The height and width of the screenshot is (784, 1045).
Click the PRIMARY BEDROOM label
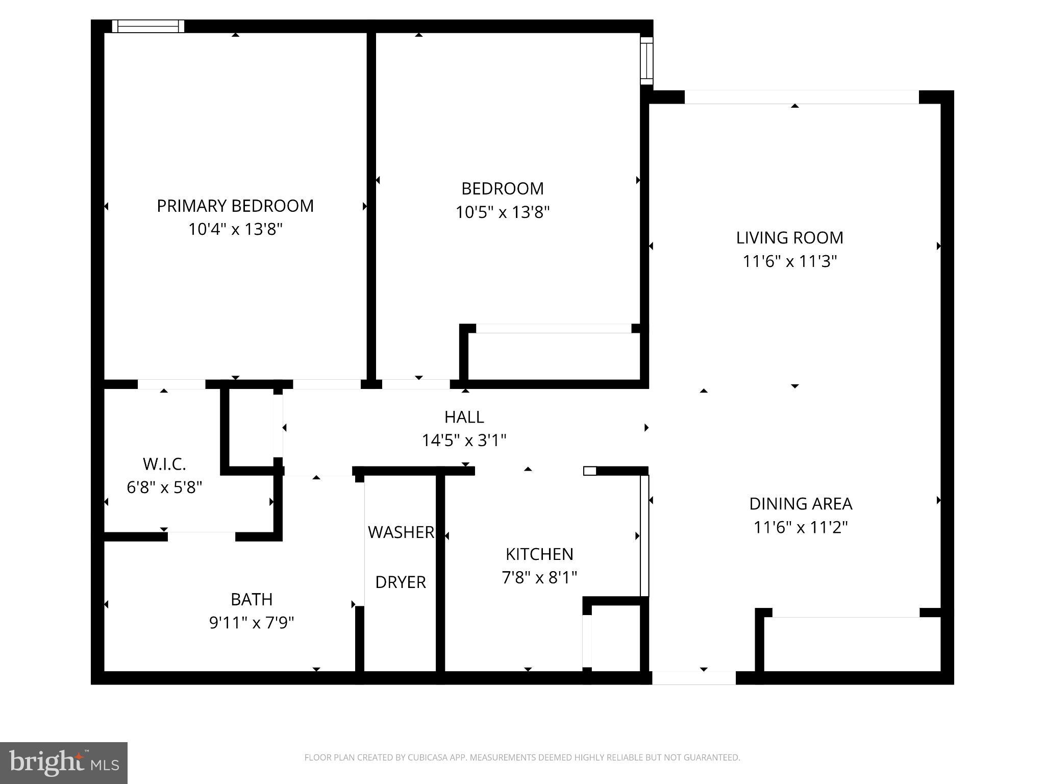coord(235,206)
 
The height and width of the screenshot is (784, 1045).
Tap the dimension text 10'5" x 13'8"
coord(502,212)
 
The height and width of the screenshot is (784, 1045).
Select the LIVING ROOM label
coord(789,237)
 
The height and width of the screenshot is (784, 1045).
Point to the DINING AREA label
coord(800,504)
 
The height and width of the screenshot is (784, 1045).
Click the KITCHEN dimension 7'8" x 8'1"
coord(539,577)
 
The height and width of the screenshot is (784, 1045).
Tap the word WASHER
coord(401,532)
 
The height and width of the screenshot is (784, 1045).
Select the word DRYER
coord(401,582)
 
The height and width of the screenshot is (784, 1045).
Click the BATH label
coord(252,599)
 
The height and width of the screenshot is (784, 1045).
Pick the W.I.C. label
coord(164,464)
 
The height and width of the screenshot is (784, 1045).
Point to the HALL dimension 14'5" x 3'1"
coord(464,440)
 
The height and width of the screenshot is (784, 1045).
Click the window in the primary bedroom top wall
coord(148,26)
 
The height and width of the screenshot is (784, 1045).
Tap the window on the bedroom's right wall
coord(646,60)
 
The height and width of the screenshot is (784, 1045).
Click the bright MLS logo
coord(64,763)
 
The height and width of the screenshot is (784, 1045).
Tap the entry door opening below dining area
coord(694,678)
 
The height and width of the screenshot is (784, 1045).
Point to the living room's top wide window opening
coord(801,97)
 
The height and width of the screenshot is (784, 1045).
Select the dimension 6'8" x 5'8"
coord(164,487)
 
